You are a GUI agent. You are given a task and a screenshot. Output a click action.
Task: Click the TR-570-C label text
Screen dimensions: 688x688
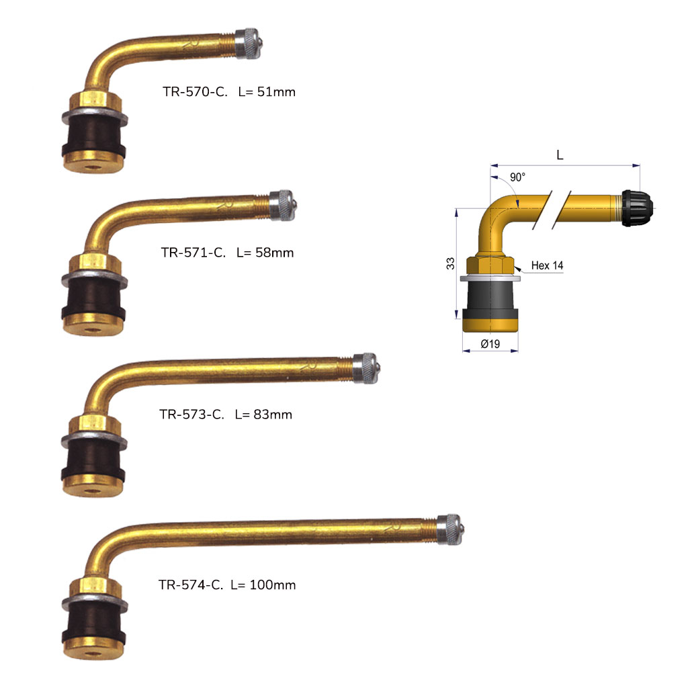[195, 91]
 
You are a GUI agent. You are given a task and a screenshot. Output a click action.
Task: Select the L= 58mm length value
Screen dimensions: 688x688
[265, 253]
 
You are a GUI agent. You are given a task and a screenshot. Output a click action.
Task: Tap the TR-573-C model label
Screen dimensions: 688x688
[191, 415]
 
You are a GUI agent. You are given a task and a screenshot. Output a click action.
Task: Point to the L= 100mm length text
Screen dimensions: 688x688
[263, 585]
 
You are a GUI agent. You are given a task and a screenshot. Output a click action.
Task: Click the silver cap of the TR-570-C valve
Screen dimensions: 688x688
[249, 44]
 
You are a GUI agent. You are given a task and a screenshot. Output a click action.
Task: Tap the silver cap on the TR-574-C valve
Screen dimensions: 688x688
[450, 529]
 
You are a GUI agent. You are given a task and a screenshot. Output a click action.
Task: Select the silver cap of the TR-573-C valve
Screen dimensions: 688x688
[366, 369]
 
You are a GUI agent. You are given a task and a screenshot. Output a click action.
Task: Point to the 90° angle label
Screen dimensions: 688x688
[517, 177]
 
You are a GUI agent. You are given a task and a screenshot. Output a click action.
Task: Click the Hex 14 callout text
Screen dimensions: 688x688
[547, 265]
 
